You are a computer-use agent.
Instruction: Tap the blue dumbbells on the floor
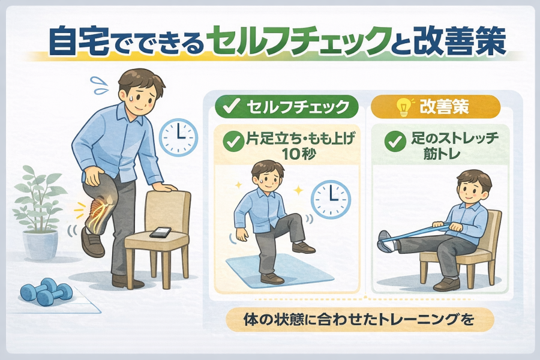[x=45, y=291]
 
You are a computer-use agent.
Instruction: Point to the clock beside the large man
[x=179, y=137]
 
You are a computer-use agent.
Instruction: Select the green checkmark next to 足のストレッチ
[x=395, y=142]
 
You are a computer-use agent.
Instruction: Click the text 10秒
[x=298, y=154]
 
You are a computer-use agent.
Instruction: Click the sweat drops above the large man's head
[x=100, y=85]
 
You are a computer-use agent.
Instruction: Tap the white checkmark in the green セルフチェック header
[x=230, y=106]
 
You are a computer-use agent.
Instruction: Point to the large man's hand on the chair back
[x=166, y=187]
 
